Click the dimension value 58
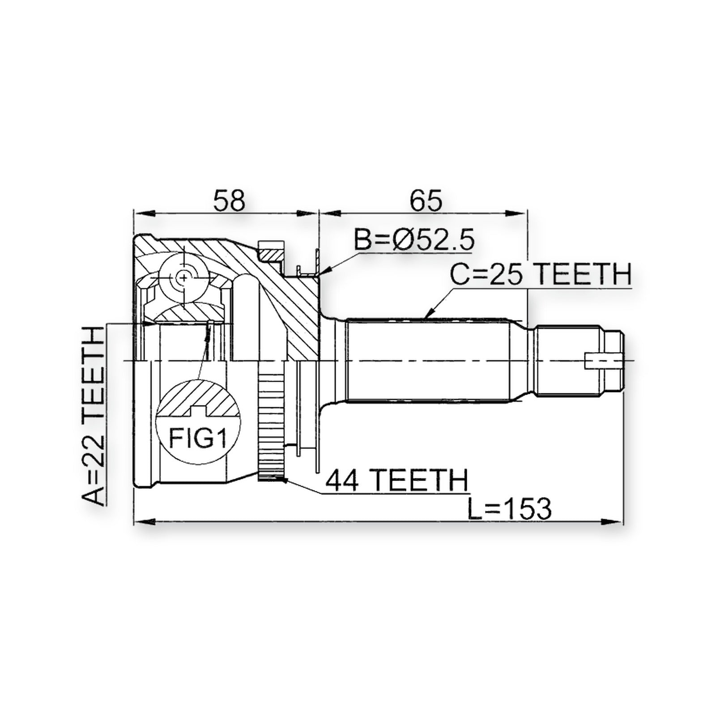tap(230, 200)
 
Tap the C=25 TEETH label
tap(541, 274)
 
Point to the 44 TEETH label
tap(396, 480)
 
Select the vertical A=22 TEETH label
tap(94, 416)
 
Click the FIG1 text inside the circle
tap(197, 439)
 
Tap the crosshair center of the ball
tap(183, 278)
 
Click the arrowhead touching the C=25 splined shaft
tap(428, 314)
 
